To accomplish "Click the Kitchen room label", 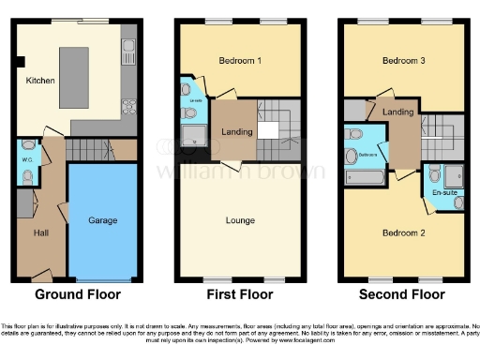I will click(x=40, y=82).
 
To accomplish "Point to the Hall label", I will click(x=41, y=232).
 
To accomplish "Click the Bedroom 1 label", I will click(x=240, y=61).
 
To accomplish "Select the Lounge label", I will click(x=240, y=222).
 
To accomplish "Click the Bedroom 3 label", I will click(x=404, y=61).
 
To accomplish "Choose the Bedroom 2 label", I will click(x=404, y=232).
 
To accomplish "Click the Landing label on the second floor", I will click(x=398, y=113).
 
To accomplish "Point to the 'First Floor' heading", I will click(x=241, y=294).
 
